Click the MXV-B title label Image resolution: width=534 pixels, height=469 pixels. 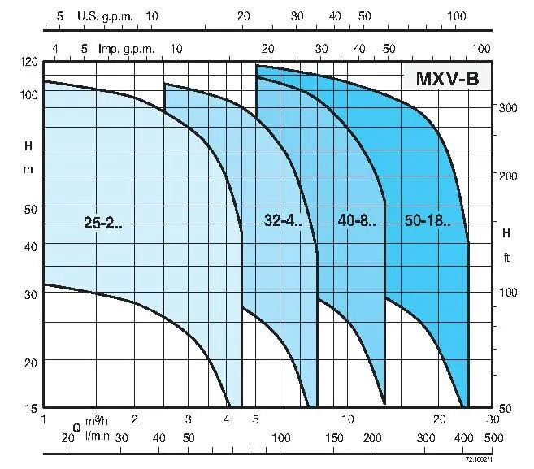[x=448, y=79]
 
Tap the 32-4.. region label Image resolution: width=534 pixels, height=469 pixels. [x=283, y=219]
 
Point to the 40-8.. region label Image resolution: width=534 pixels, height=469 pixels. [x=356, y=220]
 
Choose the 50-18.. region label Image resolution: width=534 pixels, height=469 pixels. [x=427, y=220]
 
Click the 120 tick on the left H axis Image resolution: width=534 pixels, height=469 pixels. [x=29, y=63]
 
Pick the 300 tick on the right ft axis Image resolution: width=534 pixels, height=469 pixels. [x=509, y=107]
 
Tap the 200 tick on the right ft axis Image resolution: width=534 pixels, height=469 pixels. [x=509, y=176]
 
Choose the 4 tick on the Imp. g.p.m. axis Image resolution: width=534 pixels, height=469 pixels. [x=55, y=48]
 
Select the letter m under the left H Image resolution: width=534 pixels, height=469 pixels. [x=29, y=168]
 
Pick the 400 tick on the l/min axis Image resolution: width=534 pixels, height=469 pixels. [x=463, y=438]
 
